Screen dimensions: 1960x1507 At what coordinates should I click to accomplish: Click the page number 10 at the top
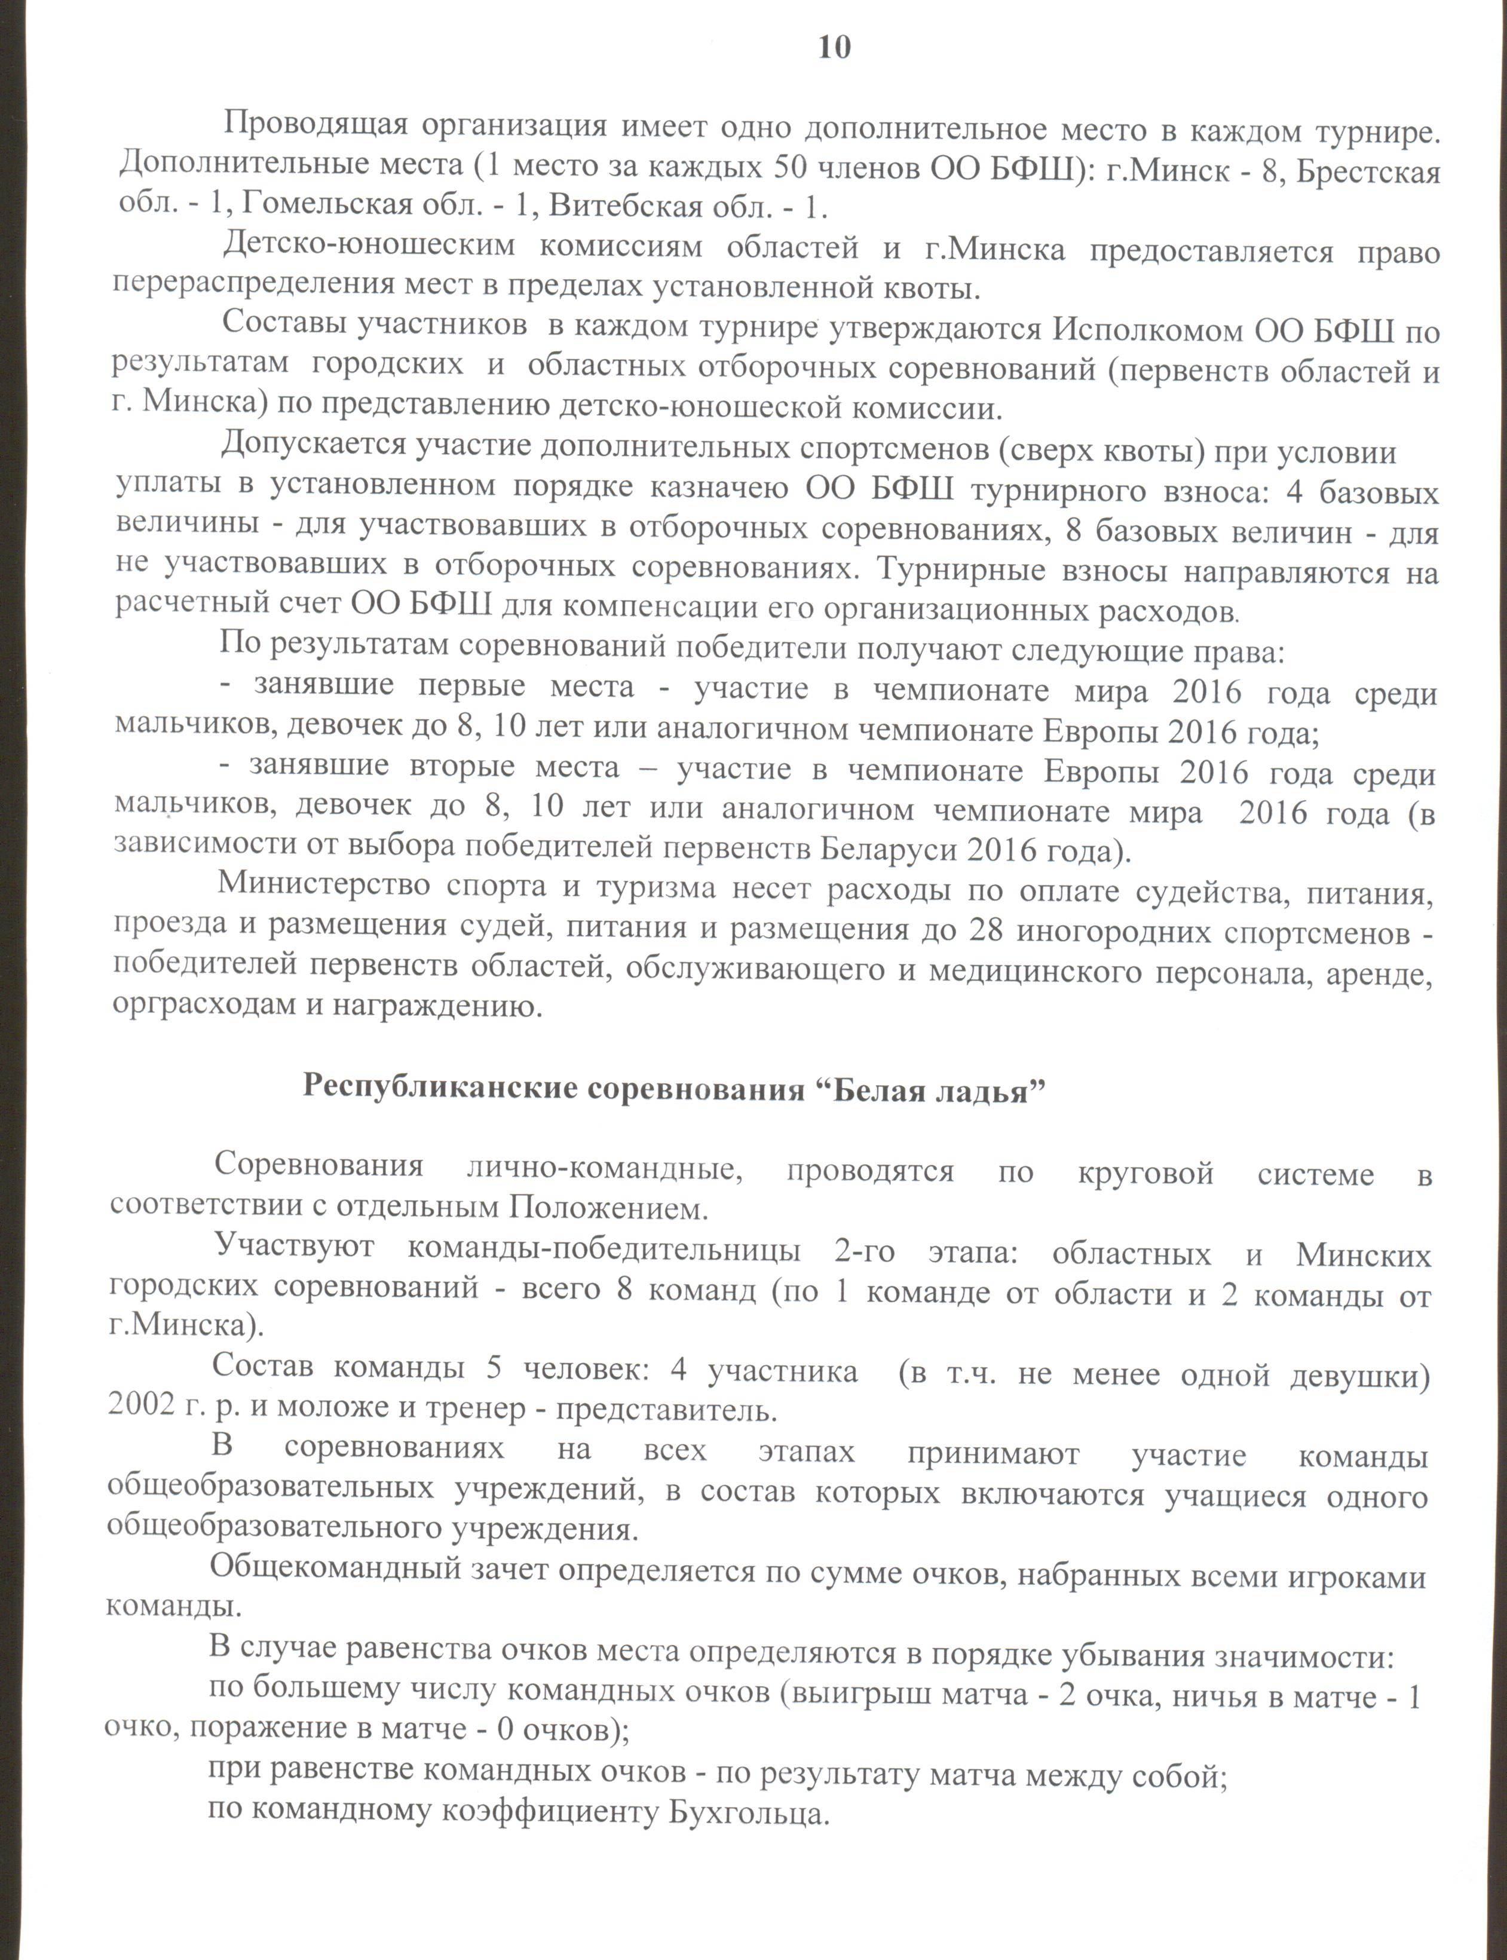click(x=834, y=48)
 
